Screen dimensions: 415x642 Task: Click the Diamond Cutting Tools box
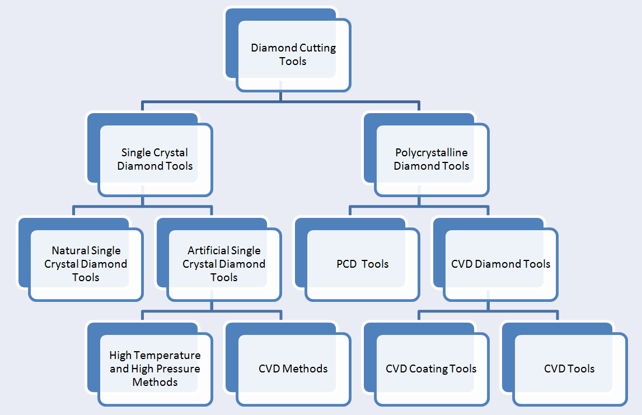293,54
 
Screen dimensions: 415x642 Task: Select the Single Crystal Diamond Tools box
155,159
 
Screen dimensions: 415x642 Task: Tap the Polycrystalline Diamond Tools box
431,159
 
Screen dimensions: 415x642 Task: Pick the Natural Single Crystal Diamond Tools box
86,264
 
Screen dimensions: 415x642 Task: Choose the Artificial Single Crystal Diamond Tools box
224,264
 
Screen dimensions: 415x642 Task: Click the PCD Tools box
362,264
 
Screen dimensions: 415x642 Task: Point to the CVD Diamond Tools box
500,264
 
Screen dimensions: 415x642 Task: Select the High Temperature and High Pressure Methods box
155,369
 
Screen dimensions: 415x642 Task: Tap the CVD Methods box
293,369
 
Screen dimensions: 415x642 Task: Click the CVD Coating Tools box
431,369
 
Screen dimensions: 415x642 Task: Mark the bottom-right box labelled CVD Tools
569,369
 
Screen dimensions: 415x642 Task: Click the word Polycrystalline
431,152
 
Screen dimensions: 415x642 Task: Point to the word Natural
71,250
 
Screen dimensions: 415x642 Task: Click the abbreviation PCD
346,264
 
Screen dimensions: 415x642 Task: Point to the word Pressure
177,369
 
